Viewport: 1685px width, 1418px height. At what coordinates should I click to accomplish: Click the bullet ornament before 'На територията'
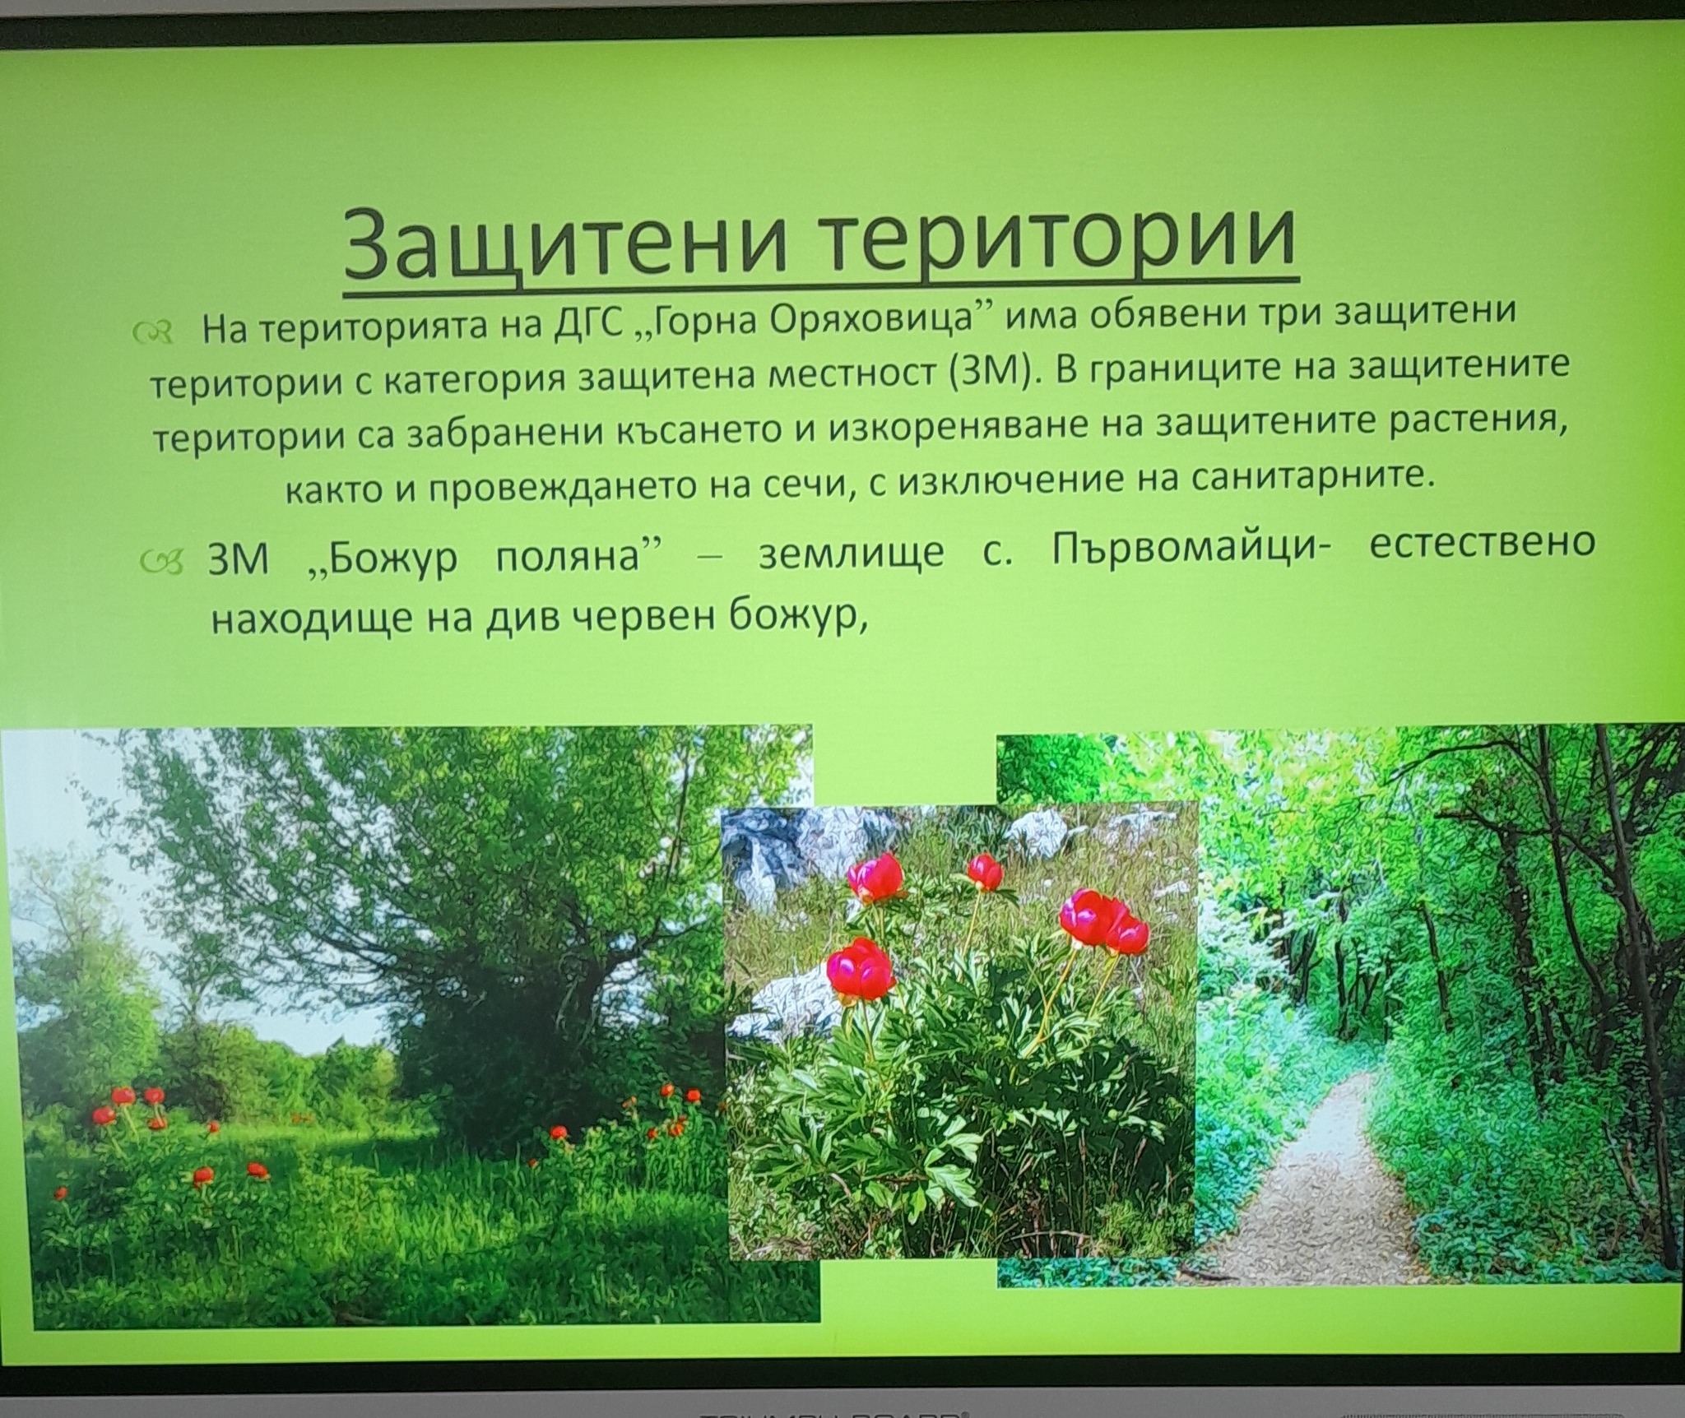(155, 331)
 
